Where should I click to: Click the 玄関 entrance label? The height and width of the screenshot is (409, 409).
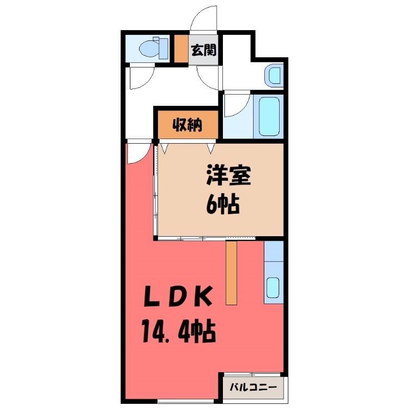click(203, 50)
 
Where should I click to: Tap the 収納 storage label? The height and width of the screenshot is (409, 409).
click(187, 125)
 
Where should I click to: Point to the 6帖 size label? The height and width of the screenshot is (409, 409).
click(223, 204)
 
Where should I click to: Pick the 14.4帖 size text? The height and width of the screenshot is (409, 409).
click(178, 331)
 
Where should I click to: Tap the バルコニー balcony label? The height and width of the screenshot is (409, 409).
click(253, 387)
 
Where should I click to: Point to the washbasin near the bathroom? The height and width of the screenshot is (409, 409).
click(274, 75)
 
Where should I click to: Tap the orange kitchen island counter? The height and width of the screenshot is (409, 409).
click(231, 272)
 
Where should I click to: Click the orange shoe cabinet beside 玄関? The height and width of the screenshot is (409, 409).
click(181, 49)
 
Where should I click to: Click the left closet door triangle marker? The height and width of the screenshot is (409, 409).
click(164, 148)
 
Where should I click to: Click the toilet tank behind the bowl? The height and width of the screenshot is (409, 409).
click(163, 49)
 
